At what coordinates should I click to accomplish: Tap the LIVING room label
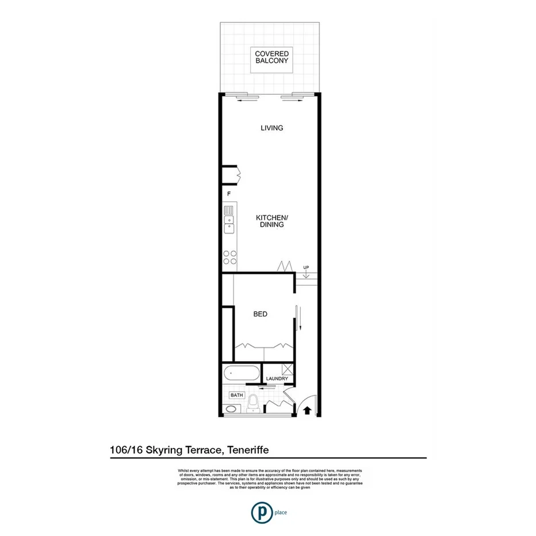coord(271,128)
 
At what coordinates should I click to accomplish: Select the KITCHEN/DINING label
coord(271,221)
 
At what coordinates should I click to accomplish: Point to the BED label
coord(261,314)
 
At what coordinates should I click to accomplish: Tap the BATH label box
coord(236,396)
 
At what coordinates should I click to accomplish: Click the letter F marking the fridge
coord(229,194)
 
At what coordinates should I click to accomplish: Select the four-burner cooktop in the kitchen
coord(230,258)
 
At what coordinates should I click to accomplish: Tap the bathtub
coord(241,373)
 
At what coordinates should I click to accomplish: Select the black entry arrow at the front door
coord(307,410)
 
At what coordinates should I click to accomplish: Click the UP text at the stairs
coord(307,267)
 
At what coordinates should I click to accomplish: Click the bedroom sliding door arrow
coord(298,318)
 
